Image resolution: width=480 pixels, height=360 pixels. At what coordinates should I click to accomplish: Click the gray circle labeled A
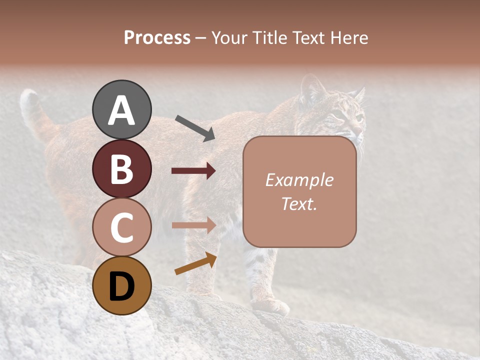122,109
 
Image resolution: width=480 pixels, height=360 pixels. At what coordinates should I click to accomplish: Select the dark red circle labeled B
122,168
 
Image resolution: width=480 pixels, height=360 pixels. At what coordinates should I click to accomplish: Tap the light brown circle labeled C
122,227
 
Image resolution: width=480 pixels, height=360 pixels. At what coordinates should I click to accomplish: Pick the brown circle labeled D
122,285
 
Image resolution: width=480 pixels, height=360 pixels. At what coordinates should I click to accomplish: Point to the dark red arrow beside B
193,171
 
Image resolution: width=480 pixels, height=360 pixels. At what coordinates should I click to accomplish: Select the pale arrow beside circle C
193,225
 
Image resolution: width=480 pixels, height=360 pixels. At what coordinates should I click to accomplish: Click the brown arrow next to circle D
195,263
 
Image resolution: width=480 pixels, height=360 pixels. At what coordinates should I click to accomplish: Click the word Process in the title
157,38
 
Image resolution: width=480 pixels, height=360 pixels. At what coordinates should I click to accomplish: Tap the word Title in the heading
269,38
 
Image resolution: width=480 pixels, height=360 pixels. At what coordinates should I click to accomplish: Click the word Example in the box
299,180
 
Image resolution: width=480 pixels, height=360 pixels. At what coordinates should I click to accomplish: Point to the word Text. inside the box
299,203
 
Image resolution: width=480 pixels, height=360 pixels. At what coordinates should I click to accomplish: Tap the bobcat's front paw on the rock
270,306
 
